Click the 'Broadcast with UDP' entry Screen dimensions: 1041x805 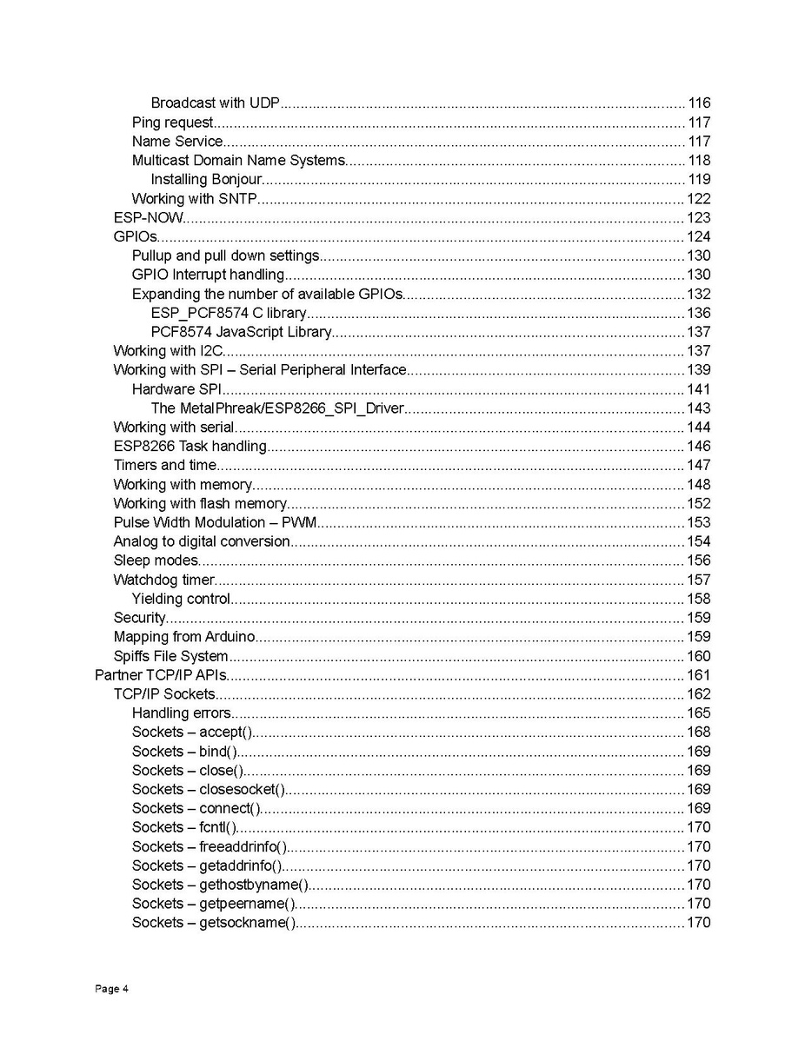[215, 103]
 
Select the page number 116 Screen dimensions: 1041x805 [699, 103]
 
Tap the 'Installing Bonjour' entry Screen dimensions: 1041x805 [206, 180]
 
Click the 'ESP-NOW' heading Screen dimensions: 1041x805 [148, 218]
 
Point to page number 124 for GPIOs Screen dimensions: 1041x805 [699, 237]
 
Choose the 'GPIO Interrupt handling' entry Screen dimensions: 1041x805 [208, 275]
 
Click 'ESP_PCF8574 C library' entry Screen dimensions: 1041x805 [228, 314]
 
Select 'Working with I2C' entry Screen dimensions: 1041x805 [169, 351]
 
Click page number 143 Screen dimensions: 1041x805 [699, 408]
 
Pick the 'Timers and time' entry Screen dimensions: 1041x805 [164, 466]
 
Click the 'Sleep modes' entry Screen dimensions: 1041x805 [156, 561]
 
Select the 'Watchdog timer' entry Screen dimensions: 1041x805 [163, 580]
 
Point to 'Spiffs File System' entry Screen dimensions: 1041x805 [170, 657]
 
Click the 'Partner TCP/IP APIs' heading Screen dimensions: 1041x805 [160, 676]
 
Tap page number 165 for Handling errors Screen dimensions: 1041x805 [699, 714]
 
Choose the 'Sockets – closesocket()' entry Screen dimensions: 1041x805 [208, 790]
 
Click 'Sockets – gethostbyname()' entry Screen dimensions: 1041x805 [220, 885]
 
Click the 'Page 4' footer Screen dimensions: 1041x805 [111, 989]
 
